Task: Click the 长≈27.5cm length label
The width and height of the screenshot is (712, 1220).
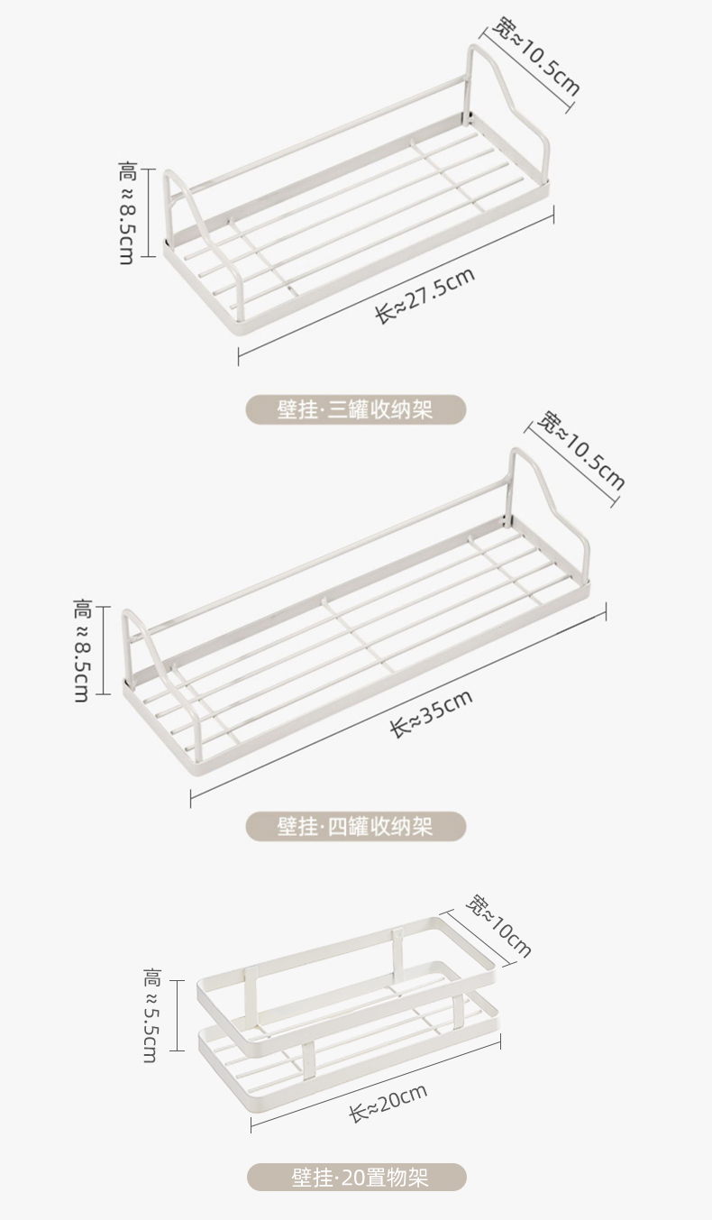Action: coord(424,297)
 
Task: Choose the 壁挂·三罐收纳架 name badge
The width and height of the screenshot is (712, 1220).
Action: coord(356,409)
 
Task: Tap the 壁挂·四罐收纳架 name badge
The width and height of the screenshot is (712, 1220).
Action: coord(356,826)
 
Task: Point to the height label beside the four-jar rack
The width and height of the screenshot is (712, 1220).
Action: coord(81,650)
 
